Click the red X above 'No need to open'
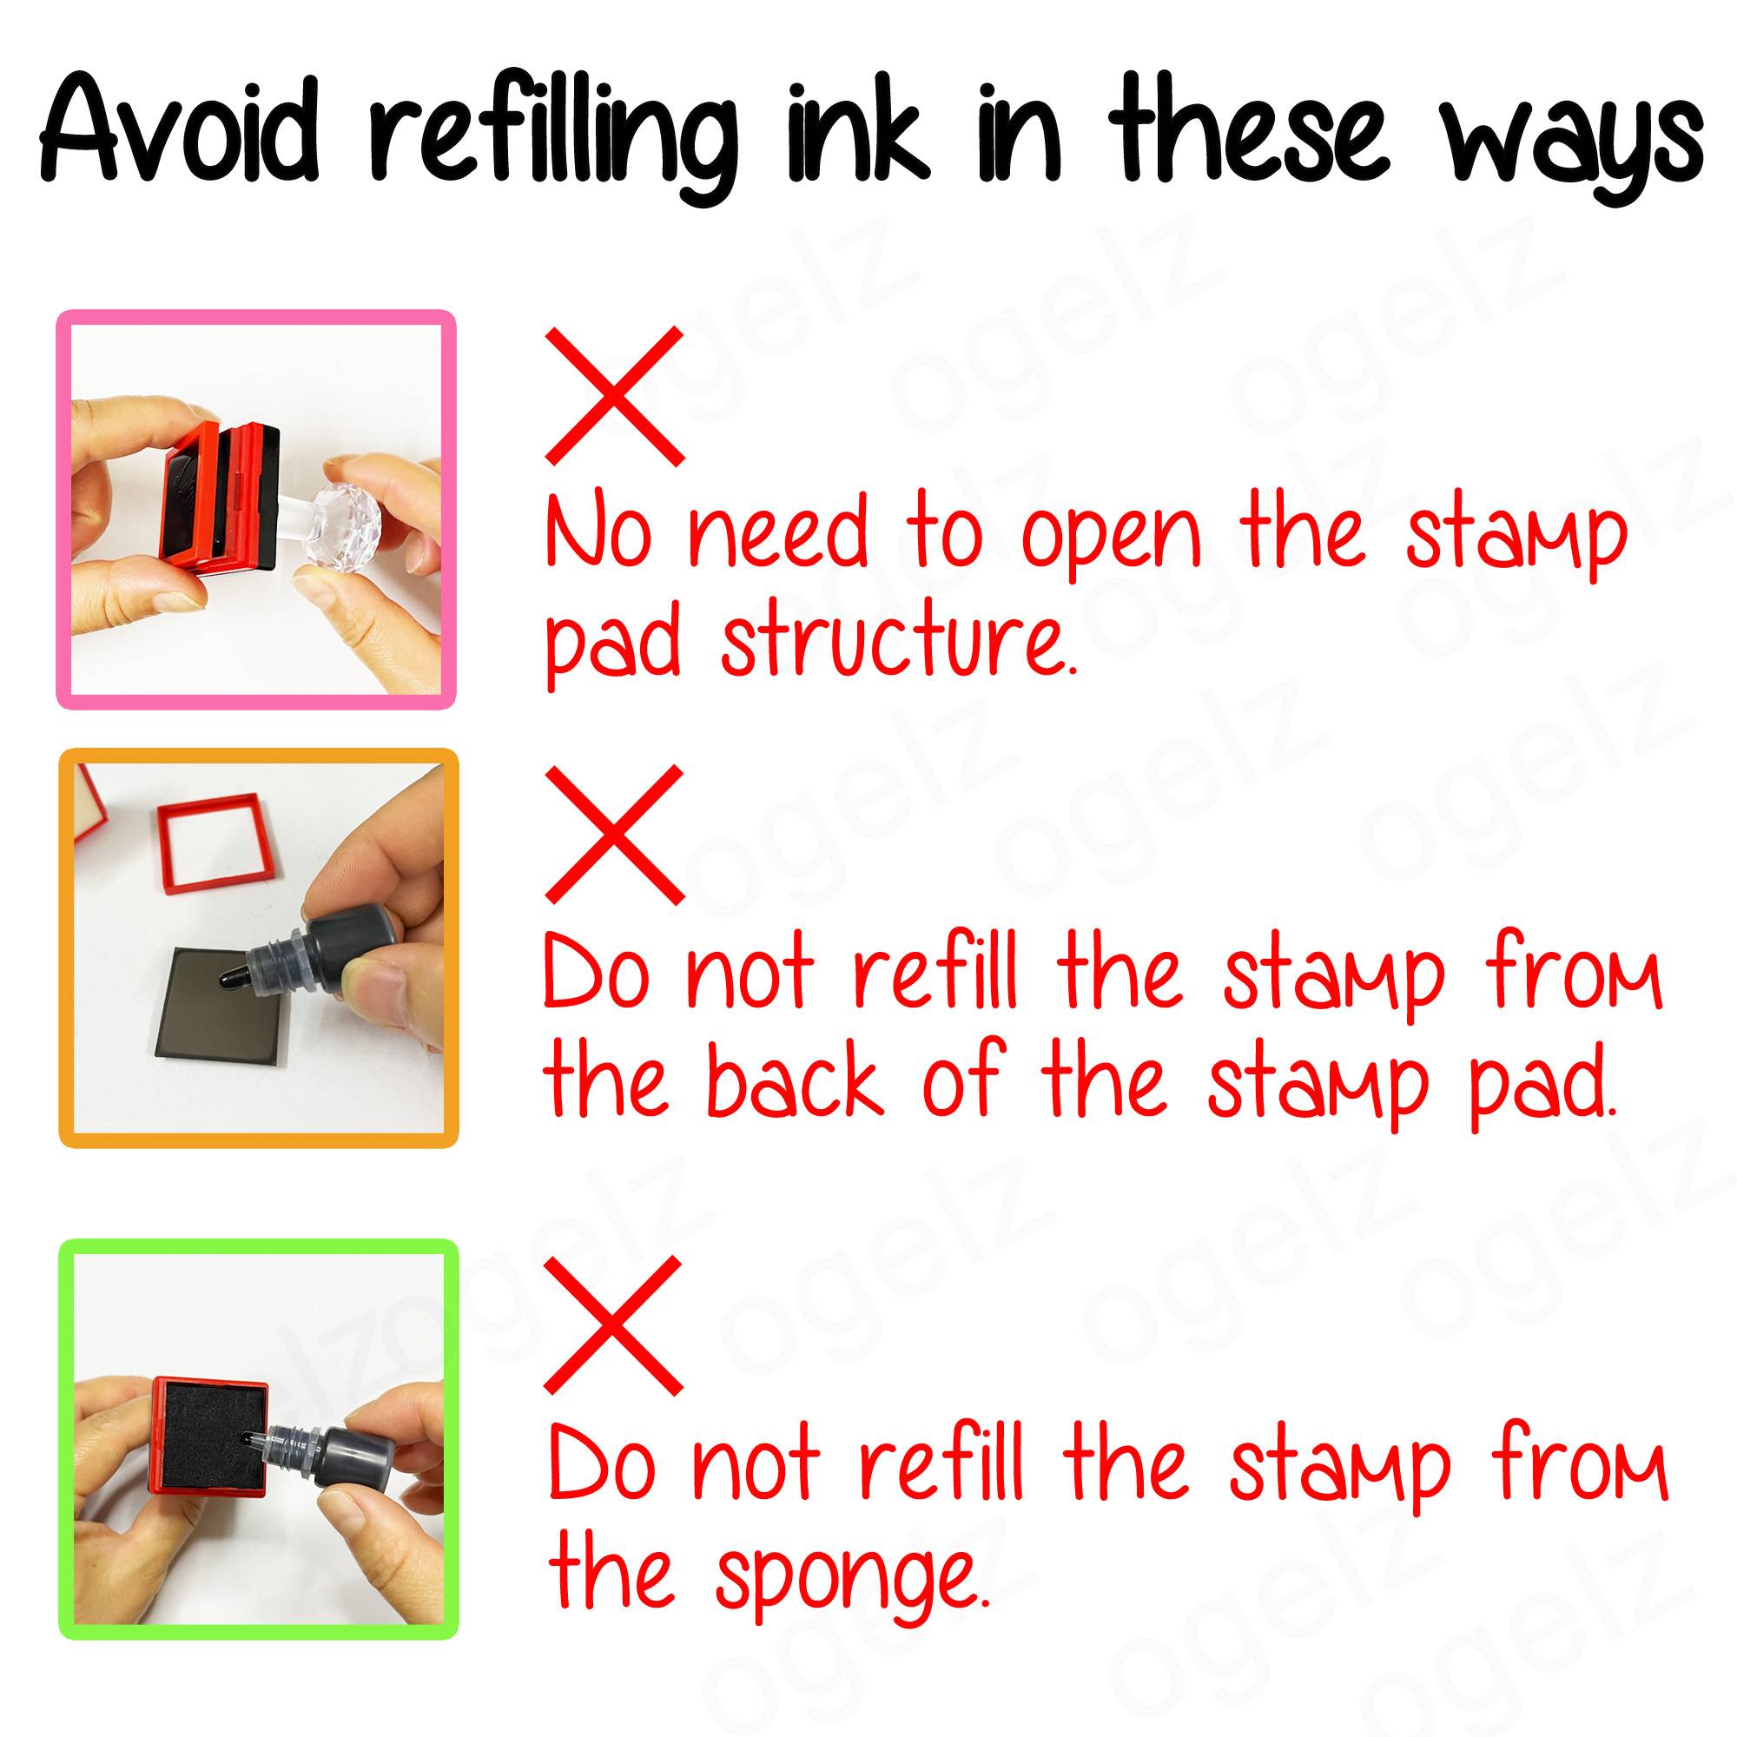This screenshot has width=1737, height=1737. click(x=615, y=397)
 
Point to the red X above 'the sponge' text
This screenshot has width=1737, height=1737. click(x=613, y=1326)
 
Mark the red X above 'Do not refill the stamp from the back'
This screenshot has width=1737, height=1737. click(x=615, y=835)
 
